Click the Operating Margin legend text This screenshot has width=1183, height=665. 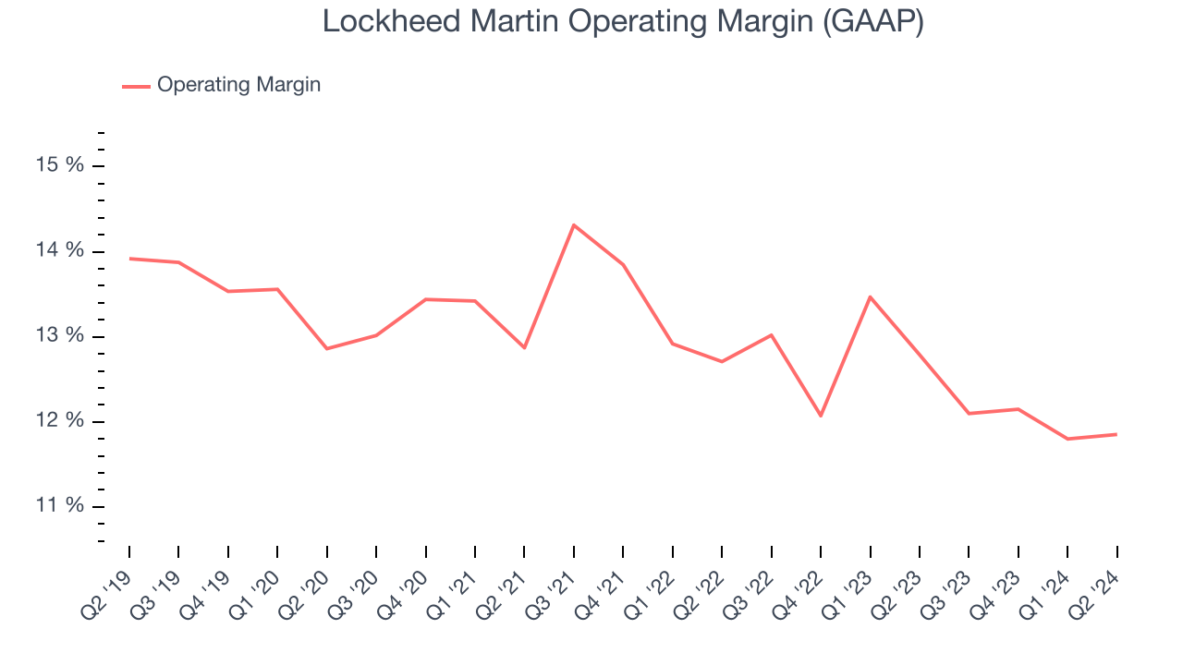[x=238, y=85]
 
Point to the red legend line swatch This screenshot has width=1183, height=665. [x=136, y=86]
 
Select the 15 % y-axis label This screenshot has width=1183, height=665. [x=60, y=165]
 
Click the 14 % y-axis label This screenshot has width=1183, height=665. [x=60, y=250]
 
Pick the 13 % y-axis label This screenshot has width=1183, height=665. [x=60, y=335]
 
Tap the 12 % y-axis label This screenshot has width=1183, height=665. [x=60, y=421]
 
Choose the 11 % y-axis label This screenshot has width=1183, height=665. [x=60, y=506]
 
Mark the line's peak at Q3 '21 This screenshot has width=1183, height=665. [x=574, y=224]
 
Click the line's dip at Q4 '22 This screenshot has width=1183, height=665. [x=821, y=416]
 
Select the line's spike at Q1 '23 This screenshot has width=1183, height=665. [x=870, y=296]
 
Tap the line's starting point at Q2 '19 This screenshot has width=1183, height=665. [x=129, y=259]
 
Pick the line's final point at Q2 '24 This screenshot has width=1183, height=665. [x=1116, y=434]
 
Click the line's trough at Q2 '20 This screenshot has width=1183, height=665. [x=327, y=348]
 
